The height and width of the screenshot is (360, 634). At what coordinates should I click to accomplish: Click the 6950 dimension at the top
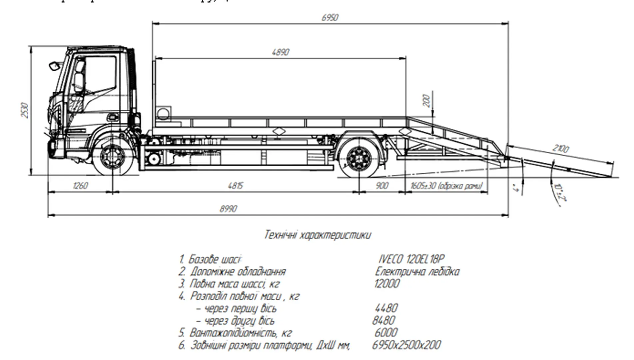(330, 17)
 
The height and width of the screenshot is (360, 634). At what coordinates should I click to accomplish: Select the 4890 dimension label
(281, 52)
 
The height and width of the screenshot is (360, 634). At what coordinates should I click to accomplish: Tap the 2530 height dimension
(25, 110)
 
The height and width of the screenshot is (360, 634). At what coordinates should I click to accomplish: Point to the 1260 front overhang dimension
(80, 186)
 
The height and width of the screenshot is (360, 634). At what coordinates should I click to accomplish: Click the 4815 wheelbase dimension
(235, 186)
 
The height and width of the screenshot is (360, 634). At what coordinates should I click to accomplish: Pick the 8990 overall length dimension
(228, 209)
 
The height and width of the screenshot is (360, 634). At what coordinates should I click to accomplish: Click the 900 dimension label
(382, 186)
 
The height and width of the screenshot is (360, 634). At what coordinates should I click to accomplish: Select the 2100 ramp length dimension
(560, 148)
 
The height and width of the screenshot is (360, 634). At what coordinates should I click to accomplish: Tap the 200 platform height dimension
(426, 101)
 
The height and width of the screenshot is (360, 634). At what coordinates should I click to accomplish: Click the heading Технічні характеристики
(317, 235)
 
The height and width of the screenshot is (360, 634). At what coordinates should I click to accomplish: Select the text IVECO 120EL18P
(411, 259)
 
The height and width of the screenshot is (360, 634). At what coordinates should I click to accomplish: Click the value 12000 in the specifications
(387, 284)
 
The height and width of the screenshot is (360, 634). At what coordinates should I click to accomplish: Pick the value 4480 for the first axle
(386, 308)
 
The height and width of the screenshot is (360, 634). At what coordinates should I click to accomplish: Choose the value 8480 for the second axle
(384, 320)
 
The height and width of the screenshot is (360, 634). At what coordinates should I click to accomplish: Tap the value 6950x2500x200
(406, 345)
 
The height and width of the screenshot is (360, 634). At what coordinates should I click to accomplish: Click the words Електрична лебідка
(417, 272)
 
